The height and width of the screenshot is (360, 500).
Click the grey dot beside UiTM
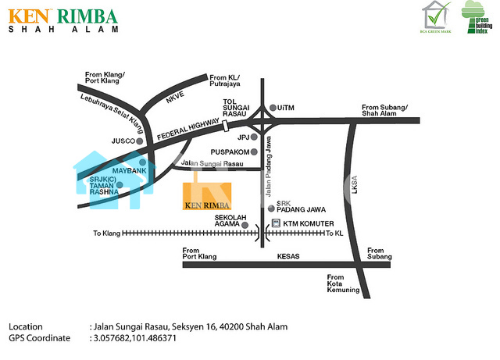271,108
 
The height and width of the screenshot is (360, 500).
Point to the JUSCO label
123,141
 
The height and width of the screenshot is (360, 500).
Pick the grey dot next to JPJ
253,137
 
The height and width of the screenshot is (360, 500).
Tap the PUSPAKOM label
230,151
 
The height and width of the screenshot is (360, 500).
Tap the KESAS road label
288,256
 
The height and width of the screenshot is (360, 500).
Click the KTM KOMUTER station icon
275,224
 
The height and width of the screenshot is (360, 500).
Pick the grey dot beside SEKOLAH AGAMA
245,225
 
